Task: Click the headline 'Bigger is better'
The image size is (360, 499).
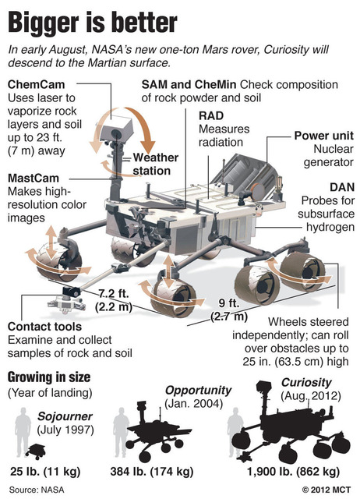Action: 92,23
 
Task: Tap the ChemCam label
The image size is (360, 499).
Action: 37,85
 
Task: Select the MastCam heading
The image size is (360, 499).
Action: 34,178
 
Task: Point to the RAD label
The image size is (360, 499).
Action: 211,115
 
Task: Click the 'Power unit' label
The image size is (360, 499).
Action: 323,136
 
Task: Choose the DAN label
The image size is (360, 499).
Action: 342,187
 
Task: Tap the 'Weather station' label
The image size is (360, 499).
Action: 156,164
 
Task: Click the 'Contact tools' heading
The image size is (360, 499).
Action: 44,327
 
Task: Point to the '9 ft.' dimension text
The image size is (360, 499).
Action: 229,303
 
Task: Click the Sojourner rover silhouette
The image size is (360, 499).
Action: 35,451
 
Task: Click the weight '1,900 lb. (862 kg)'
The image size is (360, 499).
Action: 293,472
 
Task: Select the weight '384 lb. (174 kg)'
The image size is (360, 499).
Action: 152,472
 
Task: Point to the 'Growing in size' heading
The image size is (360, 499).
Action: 49,377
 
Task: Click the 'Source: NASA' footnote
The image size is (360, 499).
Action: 37,490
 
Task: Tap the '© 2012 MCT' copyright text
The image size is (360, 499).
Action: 326,490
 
